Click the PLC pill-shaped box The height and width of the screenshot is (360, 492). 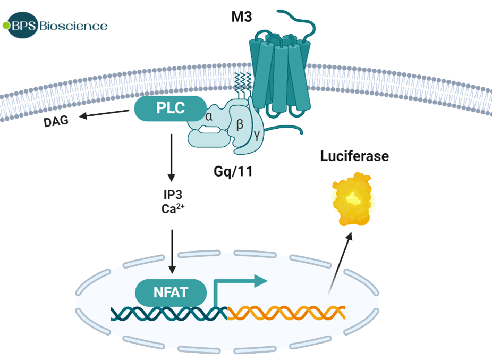pos(170,108)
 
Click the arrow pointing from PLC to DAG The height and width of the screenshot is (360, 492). pos(104,114)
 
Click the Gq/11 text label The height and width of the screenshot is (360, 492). pos(235,171)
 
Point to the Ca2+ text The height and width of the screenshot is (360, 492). pos(172,209)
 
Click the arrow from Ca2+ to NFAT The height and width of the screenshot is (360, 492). pos(172,250)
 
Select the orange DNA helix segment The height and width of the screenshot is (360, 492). pos(287,313)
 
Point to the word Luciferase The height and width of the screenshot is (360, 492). pos(354,156)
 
